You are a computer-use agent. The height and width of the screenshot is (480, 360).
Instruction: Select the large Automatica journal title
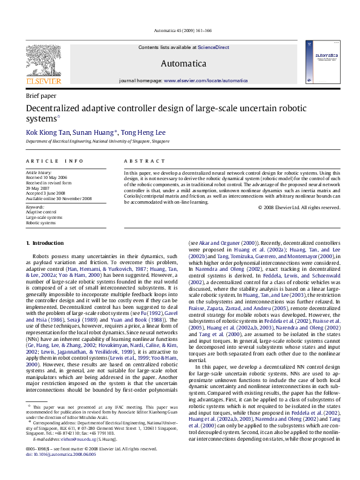tap(183, 63)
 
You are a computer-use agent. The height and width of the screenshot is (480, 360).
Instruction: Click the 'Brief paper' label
tap(41, 96)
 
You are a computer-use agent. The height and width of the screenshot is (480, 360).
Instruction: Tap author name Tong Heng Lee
tap(145, 132)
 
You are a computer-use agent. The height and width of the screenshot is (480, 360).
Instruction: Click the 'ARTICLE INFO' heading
tap(54, 161)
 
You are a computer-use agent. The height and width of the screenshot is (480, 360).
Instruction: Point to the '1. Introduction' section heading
tap(45, 243)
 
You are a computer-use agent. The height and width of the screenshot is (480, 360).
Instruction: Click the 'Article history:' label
tap(38, 172)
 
